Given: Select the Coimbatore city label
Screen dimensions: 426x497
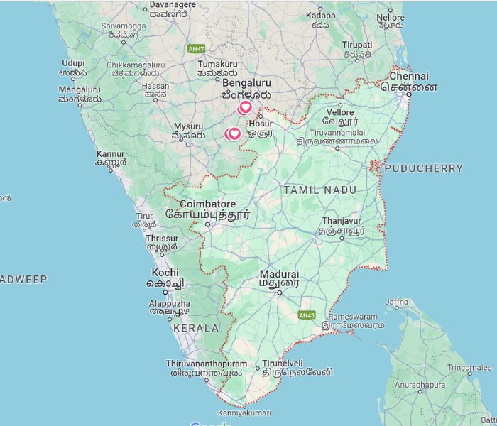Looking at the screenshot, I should point(208,204).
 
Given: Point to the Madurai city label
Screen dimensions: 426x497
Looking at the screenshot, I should point(279,274).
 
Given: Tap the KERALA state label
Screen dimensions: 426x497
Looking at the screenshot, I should point(196,328).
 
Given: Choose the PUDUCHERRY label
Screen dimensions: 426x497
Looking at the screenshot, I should point(423,169).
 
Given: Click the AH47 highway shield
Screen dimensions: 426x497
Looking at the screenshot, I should point(195,49).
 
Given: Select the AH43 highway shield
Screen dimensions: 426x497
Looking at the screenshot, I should point(306,315).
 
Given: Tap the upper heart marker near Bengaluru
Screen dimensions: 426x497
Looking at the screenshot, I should point(245,108).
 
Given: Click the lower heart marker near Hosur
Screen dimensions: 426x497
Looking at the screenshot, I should point(233,133).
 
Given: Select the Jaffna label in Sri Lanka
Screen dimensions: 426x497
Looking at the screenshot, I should point(396,303).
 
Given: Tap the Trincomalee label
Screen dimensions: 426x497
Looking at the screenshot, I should point(469,368).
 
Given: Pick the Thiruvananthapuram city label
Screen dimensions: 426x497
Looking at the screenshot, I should point(207,364).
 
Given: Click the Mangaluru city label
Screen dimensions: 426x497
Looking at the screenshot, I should point(80,89).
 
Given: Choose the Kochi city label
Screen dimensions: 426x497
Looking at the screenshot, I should point(165,273).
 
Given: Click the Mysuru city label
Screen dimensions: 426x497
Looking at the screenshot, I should point(188,126).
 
